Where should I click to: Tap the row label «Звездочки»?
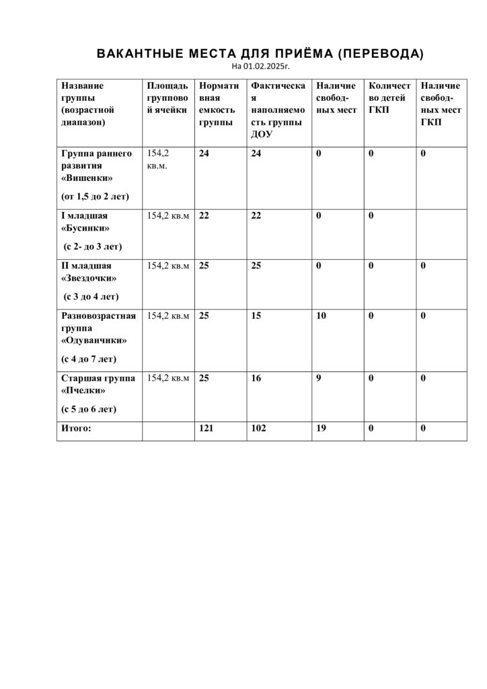(89, 277)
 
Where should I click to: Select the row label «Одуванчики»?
(94, 340)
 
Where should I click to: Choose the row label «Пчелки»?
(84, 390)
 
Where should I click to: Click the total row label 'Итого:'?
(76, 427)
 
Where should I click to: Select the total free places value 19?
(321, 427)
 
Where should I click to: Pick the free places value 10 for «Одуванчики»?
(321, 316)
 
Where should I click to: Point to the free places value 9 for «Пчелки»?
(319, 377)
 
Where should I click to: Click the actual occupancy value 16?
(256, 377)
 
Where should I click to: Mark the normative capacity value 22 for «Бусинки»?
(204, 215)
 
